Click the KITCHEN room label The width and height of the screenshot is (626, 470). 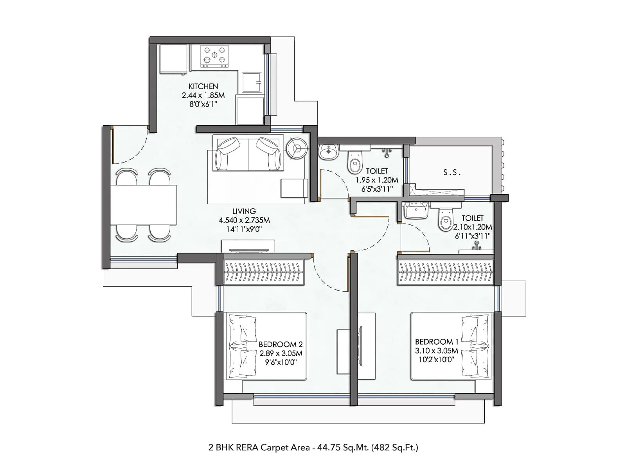pyautogui.click(x=203, y=86)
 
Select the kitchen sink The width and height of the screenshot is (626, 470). pyautogui.click(x=252, y=82)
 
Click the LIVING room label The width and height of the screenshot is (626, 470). pyautogui.click(x=244, y=211)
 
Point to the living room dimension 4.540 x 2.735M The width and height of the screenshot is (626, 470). pyautogui.click(x=244, y=220)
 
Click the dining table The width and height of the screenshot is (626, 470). pyautogui.click(x=144, y=205)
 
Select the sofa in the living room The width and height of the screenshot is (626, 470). pyautogui.click(x=248, y=153)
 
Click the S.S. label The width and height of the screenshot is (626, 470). pyautogui.click(x=452, y=172)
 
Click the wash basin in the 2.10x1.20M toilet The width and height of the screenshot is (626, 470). pyautogui.click(x=416, y=211)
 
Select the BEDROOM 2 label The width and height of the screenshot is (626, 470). pyautogui.click(x=281, y=344)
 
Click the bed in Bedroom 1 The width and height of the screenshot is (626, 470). pyautogui.click(x=451, y=346)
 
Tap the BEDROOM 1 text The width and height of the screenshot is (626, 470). pyautogui.click(x=436, y=342)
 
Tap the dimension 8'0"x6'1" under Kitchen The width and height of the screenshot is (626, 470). pyautogui.click(x=203, y=104)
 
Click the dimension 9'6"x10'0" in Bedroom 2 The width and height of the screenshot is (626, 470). pyautogui.click(x=281, y=362)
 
